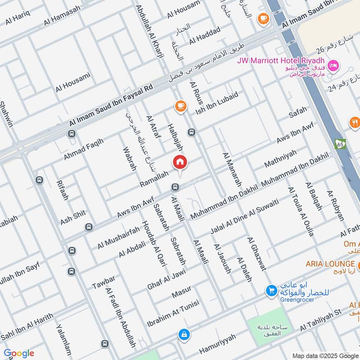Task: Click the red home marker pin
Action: pyautogui.click(x=180, y=162)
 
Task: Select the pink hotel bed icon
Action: pyautogui.click(x=333, y=66)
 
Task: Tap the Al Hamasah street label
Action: pyautogui.click(x=62, y=15)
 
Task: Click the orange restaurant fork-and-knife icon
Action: pyautogui.click(x=355, y=121)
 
